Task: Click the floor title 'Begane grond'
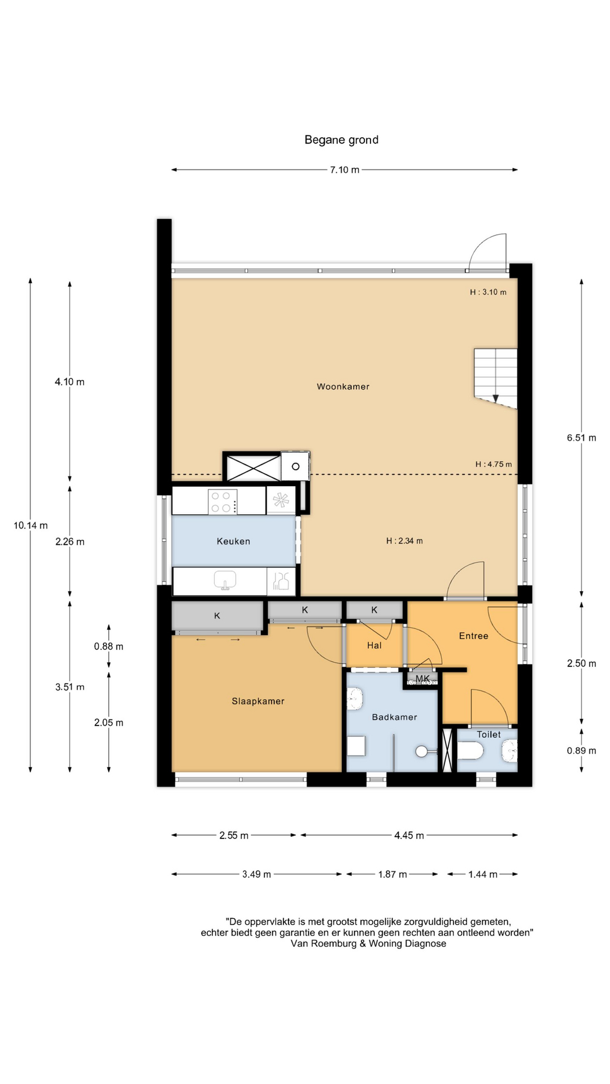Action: point(341,140)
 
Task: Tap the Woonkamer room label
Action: point(343,387)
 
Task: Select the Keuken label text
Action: point(233,541)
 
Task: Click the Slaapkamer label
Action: point(258,701)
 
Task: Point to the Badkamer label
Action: point(394,717)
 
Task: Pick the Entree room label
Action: point(473,636)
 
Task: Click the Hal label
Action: point(374,645)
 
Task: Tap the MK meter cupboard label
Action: point(422,678)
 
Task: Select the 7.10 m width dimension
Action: point(345,170)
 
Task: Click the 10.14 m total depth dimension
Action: point(30,526)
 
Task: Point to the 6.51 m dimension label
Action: point(582,438)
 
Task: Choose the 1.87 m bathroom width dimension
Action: point(393,875)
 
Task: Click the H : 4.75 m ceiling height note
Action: point(494,464)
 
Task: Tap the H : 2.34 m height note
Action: point(404,541)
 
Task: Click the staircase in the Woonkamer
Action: point(495,378)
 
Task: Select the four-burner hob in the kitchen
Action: point(223,501)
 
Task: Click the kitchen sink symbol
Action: point(225,580)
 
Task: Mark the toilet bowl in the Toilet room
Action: point(470,751)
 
